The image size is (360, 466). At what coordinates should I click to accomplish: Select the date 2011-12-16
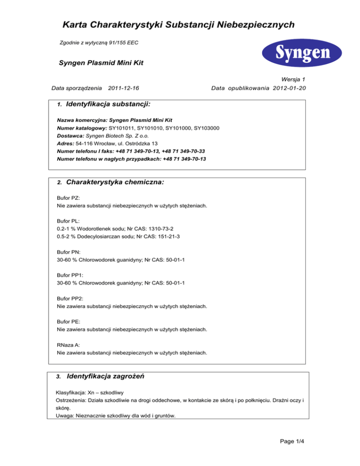123,88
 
